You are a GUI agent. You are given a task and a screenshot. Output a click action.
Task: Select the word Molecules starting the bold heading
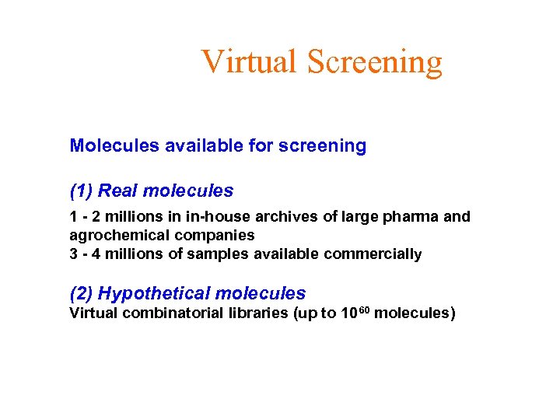pos(114,145)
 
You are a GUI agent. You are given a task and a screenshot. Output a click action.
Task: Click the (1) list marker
pos(82,191)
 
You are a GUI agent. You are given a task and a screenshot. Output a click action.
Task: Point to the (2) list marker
pos(82,294)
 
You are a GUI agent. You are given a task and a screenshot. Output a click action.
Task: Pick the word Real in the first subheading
pos(119,191)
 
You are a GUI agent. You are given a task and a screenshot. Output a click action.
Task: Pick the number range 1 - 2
pos(84,217)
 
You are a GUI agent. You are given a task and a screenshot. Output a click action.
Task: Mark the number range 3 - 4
pos(84,254)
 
